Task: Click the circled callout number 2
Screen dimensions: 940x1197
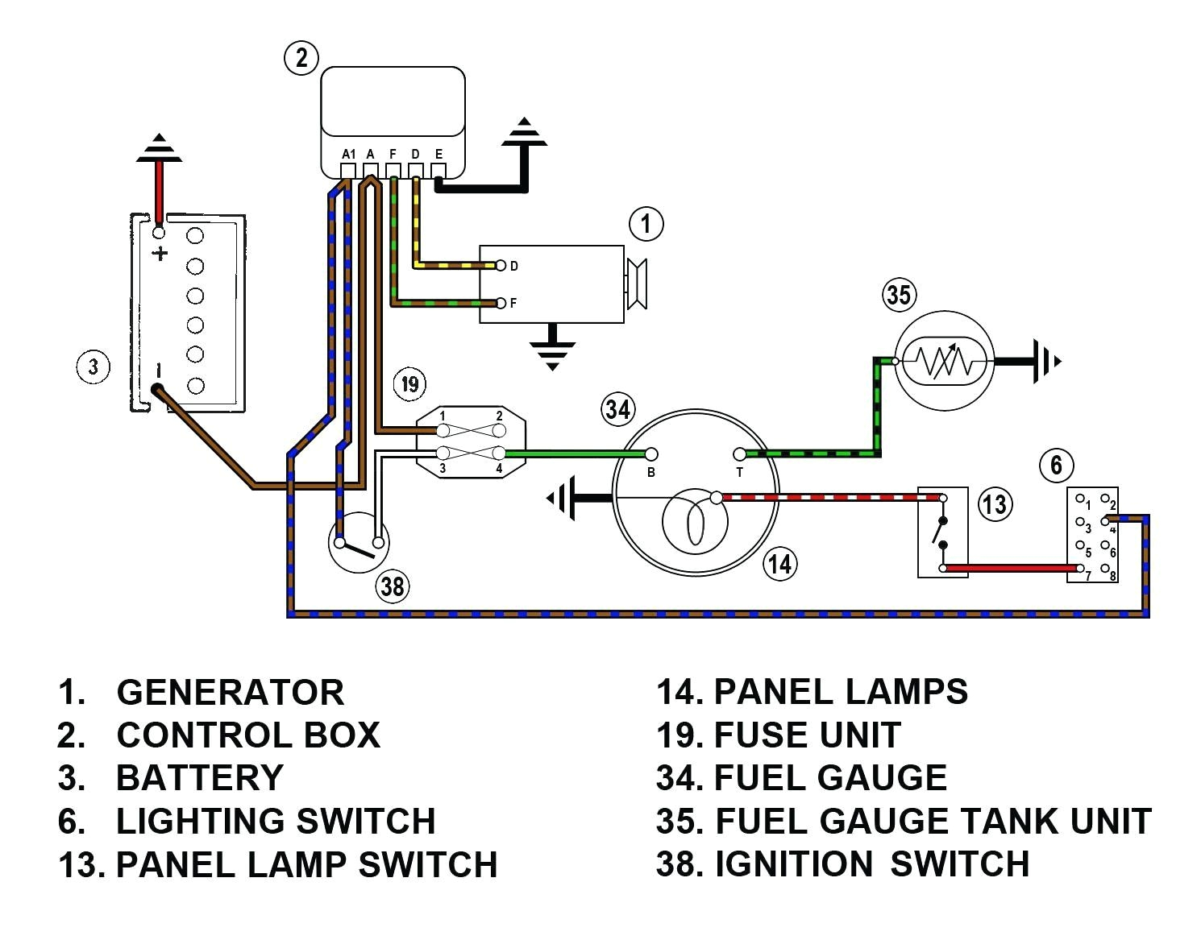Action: pyautogui.click(x=301, y=58)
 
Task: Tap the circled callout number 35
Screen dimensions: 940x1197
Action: pyautogui.click(x=899, y=295)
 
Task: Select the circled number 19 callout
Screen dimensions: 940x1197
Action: pyautogui.click(x=410, y=383)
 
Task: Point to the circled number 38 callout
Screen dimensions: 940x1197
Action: pyautogui.click(x=393, y=586)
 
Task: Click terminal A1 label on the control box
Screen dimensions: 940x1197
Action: pyautogui.click(x=348, y=154)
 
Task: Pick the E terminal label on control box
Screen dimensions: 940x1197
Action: pyautogui.click(x=438, y=154)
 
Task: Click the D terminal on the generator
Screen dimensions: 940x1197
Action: pyautogui.click(x=501, y=266)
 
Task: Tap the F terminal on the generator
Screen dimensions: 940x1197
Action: pyautogui.click(x=501, y=304)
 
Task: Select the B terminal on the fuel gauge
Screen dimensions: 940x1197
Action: pyautogui.click(x=651, y=455)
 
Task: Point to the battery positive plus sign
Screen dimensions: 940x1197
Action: pyautogui.click(x=160, y=254)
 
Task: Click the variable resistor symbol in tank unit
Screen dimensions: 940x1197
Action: pyautogui.click(x=944, y=362)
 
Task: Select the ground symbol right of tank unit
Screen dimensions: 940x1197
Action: pyautogui.click(x=1045, y=362)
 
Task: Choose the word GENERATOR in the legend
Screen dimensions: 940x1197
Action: pyautogui.click(x=230, y=693)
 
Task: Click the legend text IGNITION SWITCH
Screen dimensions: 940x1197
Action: pyautogui.click(x=871, y=864)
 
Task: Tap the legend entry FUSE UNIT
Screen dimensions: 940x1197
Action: pyautogui.click(x=807, y=735)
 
